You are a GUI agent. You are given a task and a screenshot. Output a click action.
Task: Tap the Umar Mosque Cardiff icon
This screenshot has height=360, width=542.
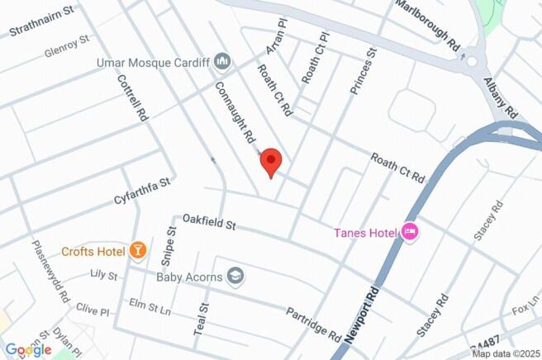coord(221,62)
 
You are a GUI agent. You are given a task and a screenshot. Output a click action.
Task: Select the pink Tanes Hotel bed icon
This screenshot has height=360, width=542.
coord(409,232)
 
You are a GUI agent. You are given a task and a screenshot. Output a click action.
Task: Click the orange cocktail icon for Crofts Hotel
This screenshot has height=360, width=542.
coord(138,250)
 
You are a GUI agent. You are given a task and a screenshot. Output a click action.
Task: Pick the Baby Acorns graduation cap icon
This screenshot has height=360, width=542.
coord(236,276)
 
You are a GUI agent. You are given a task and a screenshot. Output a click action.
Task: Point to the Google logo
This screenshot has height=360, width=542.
coord(28,349)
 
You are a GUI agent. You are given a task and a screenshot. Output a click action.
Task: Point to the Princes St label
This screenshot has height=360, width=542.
coord(363,71)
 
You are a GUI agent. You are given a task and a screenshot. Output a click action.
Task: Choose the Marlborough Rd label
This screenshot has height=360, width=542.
coord(427,24)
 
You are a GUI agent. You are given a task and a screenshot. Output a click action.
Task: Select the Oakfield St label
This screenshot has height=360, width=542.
coord(210,223)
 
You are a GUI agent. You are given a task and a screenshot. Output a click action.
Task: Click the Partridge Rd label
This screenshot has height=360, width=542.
coord(314,324)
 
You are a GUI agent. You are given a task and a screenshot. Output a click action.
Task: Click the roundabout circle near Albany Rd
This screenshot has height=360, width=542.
coord(472,60)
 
